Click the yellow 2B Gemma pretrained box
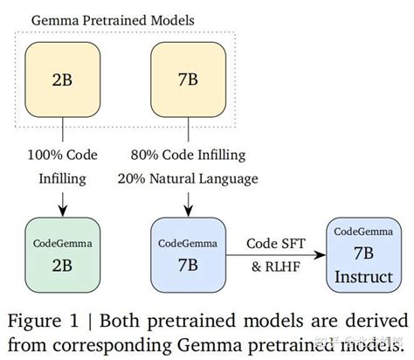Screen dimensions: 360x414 (x=63, y=78)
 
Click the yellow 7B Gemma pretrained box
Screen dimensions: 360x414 (x=188, y=78)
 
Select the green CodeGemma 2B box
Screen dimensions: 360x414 (x=63, y=254)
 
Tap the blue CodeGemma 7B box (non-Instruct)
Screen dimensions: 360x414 (x=188, y=254)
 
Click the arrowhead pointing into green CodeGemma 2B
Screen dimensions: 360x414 (x=63, y=211)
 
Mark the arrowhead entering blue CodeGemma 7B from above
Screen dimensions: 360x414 (x=188, y=211)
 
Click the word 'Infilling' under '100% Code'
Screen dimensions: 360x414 (x=63, y=179)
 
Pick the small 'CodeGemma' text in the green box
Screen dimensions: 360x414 (x=63, y=237)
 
